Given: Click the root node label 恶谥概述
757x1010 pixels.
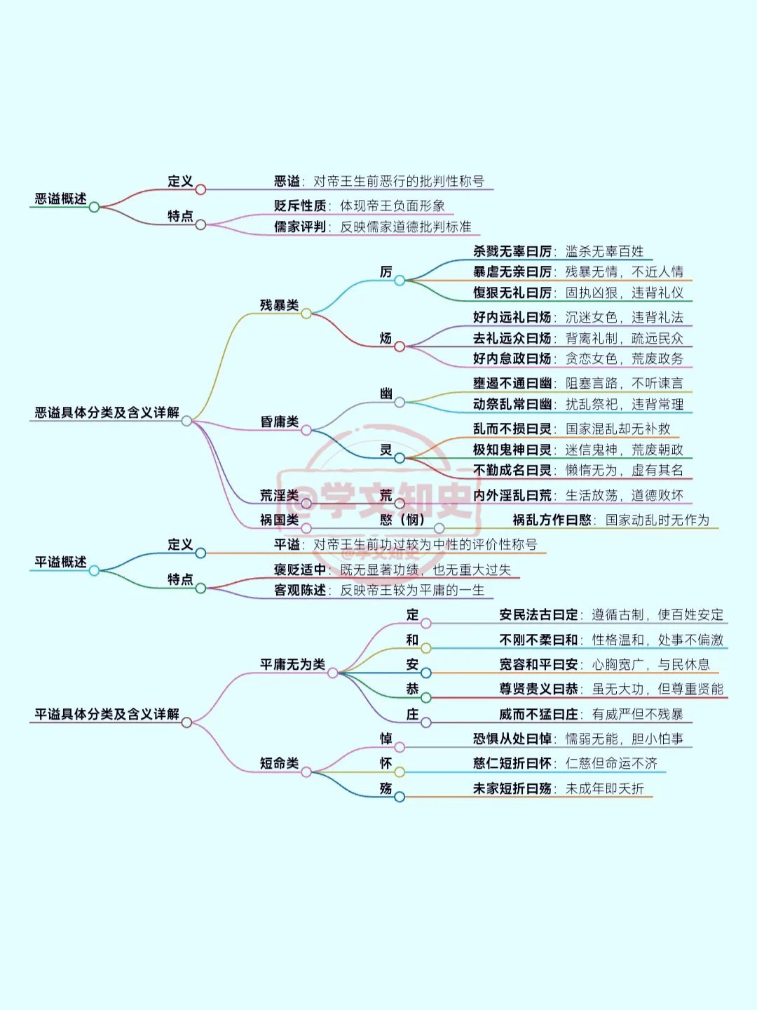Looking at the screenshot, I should pyautogui.click(x=61, y=199).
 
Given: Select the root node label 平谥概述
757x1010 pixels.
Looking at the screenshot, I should pyautogui.click(x=61, y=563).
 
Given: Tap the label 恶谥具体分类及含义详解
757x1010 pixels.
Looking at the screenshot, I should pyautogui.click(x=107, y=412).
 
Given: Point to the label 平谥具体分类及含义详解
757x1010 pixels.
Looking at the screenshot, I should pyautogui.click(x=107, y=714).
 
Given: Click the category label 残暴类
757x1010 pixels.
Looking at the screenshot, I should pyautogui.click(x=279, y=305).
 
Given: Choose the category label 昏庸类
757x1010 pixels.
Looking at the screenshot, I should pyautogui.click(x=279, y=422).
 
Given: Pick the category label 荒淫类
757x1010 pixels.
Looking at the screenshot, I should pyautogui.click(x=279, y=495).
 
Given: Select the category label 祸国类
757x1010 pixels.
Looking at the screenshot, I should pyautogui.click(x=279, y=520).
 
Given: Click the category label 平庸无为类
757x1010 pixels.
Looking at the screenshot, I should pyautogui.click(x=292, y=664).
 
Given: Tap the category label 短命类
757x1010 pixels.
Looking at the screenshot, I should pyautogui.click(x=279, y=763).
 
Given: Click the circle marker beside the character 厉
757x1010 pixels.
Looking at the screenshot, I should pyautogui.click(x=400, y=281).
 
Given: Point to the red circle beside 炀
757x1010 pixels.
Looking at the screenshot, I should pyautogui.click(x=400, y=346).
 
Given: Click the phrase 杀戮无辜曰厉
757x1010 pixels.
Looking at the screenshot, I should pyautogui.click(x=512, y=251).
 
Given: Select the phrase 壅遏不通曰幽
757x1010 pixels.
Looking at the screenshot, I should pyautogui.click(x=512, y=383).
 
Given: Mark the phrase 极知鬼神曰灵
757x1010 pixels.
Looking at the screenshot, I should pyautogui.click(x=512, y=450).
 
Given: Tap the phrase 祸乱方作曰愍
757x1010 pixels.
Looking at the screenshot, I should pyautogui.click(x=552, y=520).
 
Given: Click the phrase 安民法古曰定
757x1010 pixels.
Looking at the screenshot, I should pyautogui.click(x=538, y=615).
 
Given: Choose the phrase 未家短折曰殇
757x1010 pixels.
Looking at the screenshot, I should pyautogui.click(x=512, y=788).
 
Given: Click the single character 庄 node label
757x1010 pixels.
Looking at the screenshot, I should pyautogui.click(x=412, y=714).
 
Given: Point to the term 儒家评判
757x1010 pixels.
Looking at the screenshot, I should pyautogui.click(x=300, y=227).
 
